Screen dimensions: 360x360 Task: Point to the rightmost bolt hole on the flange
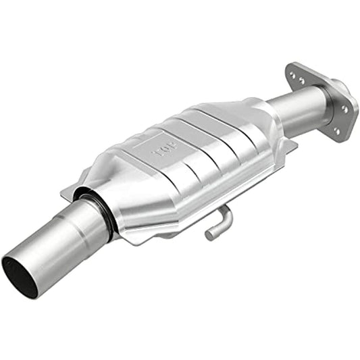tap(346, 108)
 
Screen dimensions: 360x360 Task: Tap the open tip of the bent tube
tap(210, 235)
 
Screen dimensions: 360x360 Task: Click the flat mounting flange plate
tap(317, 101)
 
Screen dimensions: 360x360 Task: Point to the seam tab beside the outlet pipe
tap(287, 145)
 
